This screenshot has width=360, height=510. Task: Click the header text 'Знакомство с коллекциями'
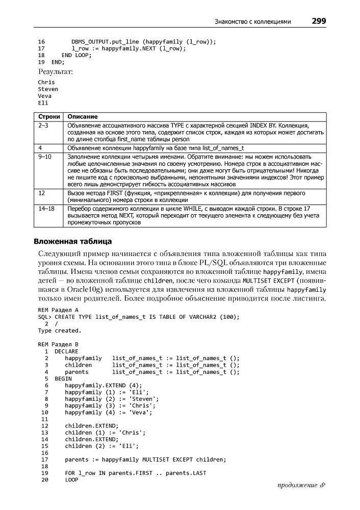click(253, 22)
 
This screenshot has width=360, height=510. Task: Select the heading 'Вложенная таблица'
click(72, 241)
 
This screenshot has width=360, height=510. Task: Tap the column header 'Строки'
click(49, 117)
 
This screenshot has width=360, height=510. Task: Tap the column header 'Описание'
click(83, 117)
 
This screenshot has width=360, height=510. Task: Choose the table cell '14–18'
click(46, 209)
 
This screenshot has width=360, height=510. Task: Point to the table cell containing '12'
click(42, 193)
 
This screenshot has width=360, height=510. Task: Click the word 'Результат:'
click(56, 72)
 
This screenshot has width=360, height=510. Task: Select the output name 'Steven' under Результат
click(48, 89)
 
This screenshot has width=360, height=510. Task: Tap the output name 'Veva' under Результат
click(45, 96)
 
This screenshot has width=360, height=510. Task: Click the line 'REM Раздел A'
click(58, 310)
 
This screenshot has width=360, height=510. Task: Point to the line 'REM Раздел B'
click(58, 344)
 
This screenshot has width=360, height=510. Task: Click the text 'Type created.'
click(60, 330)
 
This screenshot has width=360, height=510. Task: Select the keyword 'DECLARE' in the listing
click(66, 351)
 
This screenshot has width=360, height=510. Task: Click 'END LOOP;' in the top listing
click(76, 55)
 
